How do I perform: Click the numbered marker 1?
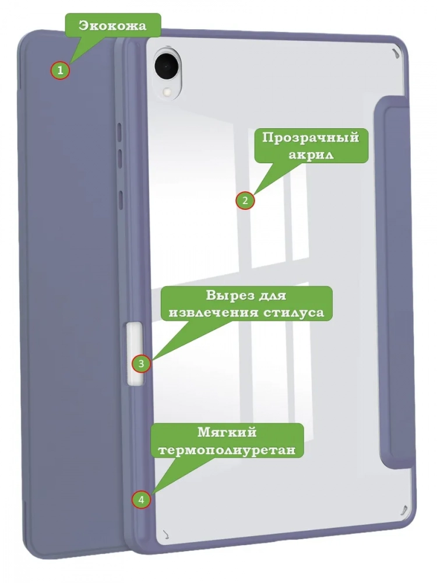pyautogui.click(x=60, y=69)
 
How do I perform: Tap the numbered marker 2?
pyautogui.click(x=245, y=201)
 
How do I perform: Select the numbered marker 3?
pyautogui.click(x=141, y=363)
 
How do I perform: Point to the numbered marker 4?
pyautogui.click(x=141, y=500)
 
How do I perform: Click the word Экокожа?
pyautogui.click(x=112, y=26)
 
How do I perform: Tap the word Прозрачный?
pyautogui.click(x=311, y=138)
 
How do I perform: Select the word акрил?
pyautogui.click(x=311, y=154)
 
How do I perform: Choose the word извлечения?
pyautogui.click(x=213, y=312)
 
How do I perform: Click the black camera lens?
pyautogui.click(x=165, y=66)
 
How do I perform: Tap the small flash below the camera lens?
pyautogui.click(x=167, y=91)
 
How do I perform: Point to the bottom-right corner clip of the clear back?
pyautogui.click(x=403, y=511)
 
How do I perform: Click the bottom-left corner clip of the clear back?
pyautogui.click(x=166, y=534)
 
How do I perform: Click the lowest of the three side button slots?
pyautogui.click(x=120, y=198)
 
